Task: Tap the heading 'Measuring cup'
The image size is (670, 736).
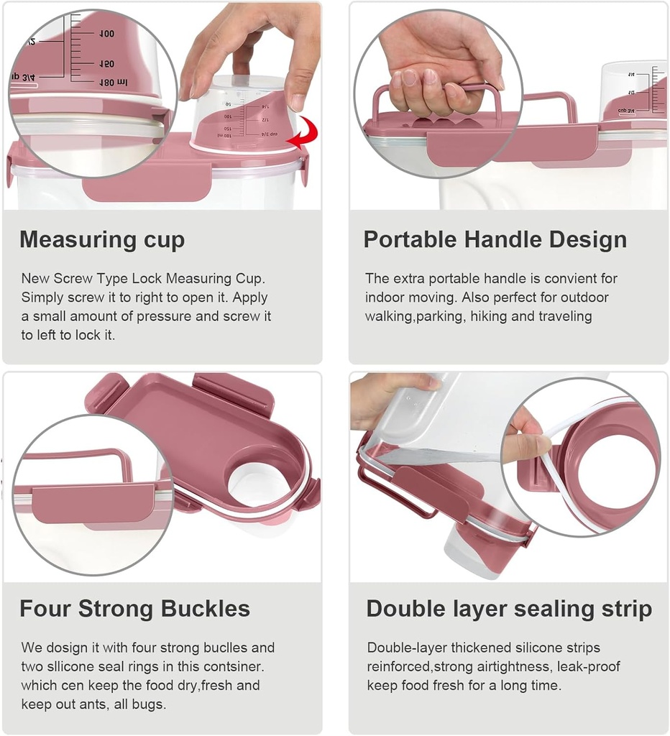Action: pyautogui.click(x=102, y=240)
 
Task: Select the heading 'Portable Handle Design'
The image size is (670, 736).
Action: pyautogui.click(x=495, y=240)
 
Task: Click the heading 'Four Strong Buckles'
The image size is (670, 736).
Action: pyautogui.click(x=134, y=609)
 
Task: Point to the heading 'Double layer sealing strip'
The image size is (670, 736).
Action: pyautogui.click(x=509, y=609)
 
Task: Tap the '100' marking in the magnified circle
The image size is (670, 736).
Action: pyautogui.click(x=106, y=34)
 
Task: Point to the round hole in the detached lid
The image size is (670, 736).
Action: pyautogui.click(x=257, y=486)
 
